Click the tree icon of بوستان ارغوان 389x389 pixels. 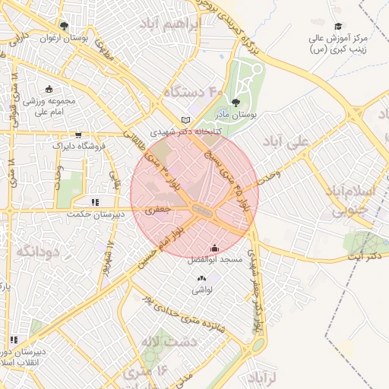pyautogui.click(x=63, y=24)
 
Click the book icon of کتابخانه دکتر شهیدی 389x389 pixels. pyautogui.click(x=186, y=120)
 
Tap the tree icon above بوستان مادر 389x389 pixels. pyautogui.click(x=235, y=101)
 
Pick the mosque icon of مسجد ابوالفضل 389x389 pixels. pyautogui.click(x=214, y=248)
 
